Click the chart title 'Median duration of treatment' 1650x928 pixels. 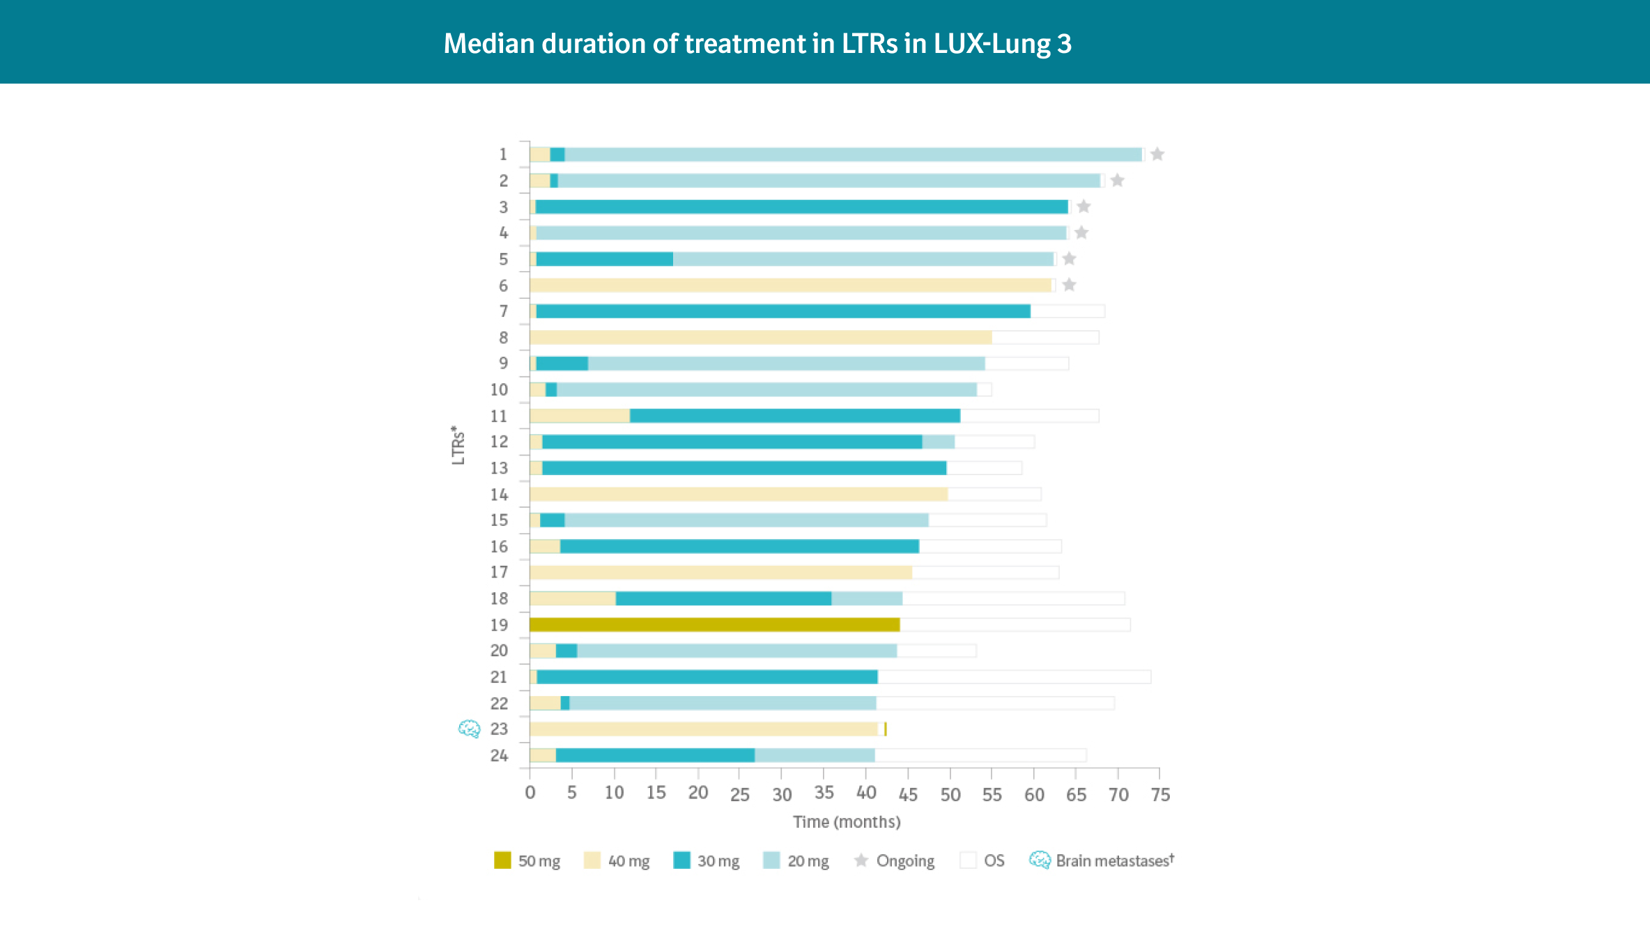click(x=757, y=44)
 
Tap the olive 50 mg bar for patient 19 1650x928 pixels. click(x=714, y=625)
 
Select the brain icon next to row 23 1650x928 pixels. click(x=469, y=729)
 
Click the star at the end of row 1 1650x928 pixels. click(x=1157, y=154)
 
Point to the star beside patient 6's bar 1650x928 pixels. click(x=1070, y=285)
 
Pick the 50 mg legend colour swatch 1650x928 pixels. click(x=502, y=860)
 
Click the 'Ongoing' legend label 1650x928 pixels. click(x=904, y=861)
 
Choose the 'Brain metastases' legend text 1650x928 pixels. click(x=1114, y=861)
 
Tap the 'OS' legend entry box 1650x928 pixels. click(x=968, y=860)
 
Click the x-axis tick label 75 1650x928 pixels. click(x=1160, y=795)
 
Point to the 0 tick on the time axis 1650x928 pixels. click(x=530, y=794)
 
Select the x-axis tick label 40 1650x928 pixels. click(x=866, y=794)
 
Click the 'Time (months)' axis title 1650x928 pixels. click(x=847, y=822)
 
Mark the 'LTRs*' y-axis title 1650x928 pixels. click(x=457, y=445)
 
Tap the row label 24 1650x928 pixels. click(x=499, y=755)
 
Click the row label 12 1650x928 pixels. click(x=499, y=442)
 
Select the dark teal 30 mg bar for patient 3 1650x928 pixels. click(x=801, y=207)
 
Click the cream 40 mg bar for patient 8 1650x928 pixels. click(x=760, y=337)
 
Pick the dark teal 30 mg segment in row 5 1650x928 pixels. click(x=605, y=259)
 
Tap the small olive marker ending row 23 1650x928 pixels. click(x=885, y=729)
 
